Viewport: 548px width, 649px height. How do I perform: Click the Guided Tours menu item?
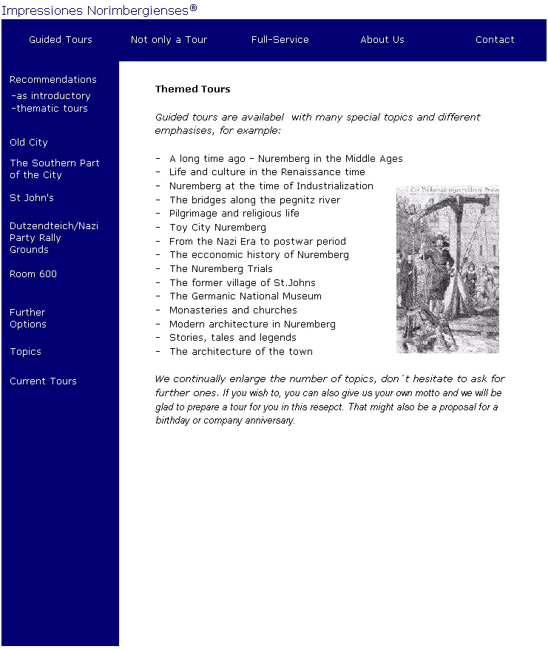61,40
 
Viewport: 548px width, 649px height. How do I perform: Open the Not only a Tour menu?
169,40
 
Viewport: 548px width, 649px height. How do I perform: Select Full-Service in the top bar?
280,40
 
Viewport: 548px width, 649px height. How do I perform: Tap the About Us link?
382,40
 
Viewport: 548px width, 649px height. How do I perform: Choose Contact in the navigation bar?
495,40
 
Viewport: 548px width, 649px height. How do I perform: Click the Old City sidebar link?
29,143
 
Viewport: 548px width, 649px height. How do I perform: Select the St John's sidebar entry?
32,198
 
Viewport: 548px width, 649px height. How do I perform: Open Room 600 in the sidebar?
33,274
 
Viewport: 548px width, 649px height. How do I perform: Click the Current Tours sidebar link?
43,381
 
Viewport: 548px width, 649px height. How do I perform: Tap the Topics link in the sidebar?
25,352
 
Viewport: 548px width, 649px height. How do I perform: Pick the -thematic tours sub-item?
50,109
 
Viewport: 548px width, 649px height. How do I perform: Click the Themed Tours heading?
192,89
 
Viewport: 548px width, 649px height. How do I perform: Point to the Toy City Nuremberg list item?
217,228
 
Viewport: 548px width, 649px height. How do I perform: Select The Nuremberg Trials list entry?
220,269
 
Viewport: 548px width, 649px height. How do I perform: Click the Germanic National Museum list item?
245,296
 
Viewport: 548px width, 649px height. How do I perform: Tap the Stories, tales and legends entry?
232,338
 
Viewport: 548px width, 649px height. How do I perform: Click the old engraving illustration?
447,269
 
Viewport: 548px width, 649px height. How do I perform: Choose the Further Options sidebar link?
28,319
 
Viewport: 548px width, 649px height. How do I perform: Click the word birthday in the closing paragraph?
173,421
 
